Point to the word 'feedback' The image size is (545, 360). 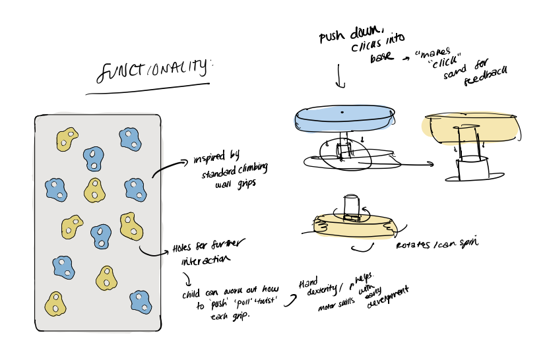(x=486, y=79)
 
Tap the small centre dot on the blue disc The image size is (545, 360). (x=342, y=113)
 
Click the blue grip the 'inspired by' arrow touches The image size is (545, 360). (x=135, y=189)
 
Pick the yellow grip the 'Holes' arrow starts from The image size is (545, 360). (x=132, y=226)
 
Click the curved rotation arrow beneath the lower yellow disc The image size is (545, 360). (x=363, y=248)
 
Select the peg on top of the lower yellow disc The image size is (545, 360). (x=351, y=207)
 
